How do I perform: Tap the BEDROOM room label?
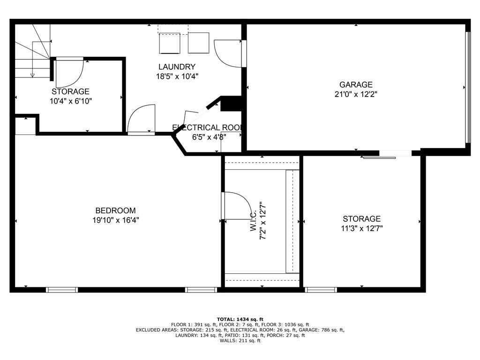click(x=115, y=211)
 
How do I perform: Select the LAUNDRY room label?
click(x=177, y=67)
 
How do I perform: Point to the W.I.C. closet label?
click(x=254, y=221)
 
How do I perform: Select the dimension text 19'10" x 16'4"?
click(x=115, y=220)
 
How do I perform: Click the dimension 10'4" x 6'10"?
click(x=70, y=101)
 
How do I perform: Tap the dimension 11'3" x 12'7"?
click(x=361, y=228)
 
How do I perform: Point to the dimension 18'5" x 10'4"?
click(x=177, y=76)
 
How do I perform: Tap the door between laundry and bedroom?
click(x=142, y=120)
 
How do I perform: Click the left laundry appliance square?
click(x=170, y=43)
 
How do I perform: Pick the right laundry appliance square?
click(x=198, y=43)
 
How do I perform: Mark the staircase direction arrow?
click(x=32, y=59)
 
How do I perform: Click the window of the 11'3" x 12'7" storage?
click(x=321, y=290)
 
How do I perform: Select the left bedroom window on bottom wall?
click(x=62, y=290)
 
